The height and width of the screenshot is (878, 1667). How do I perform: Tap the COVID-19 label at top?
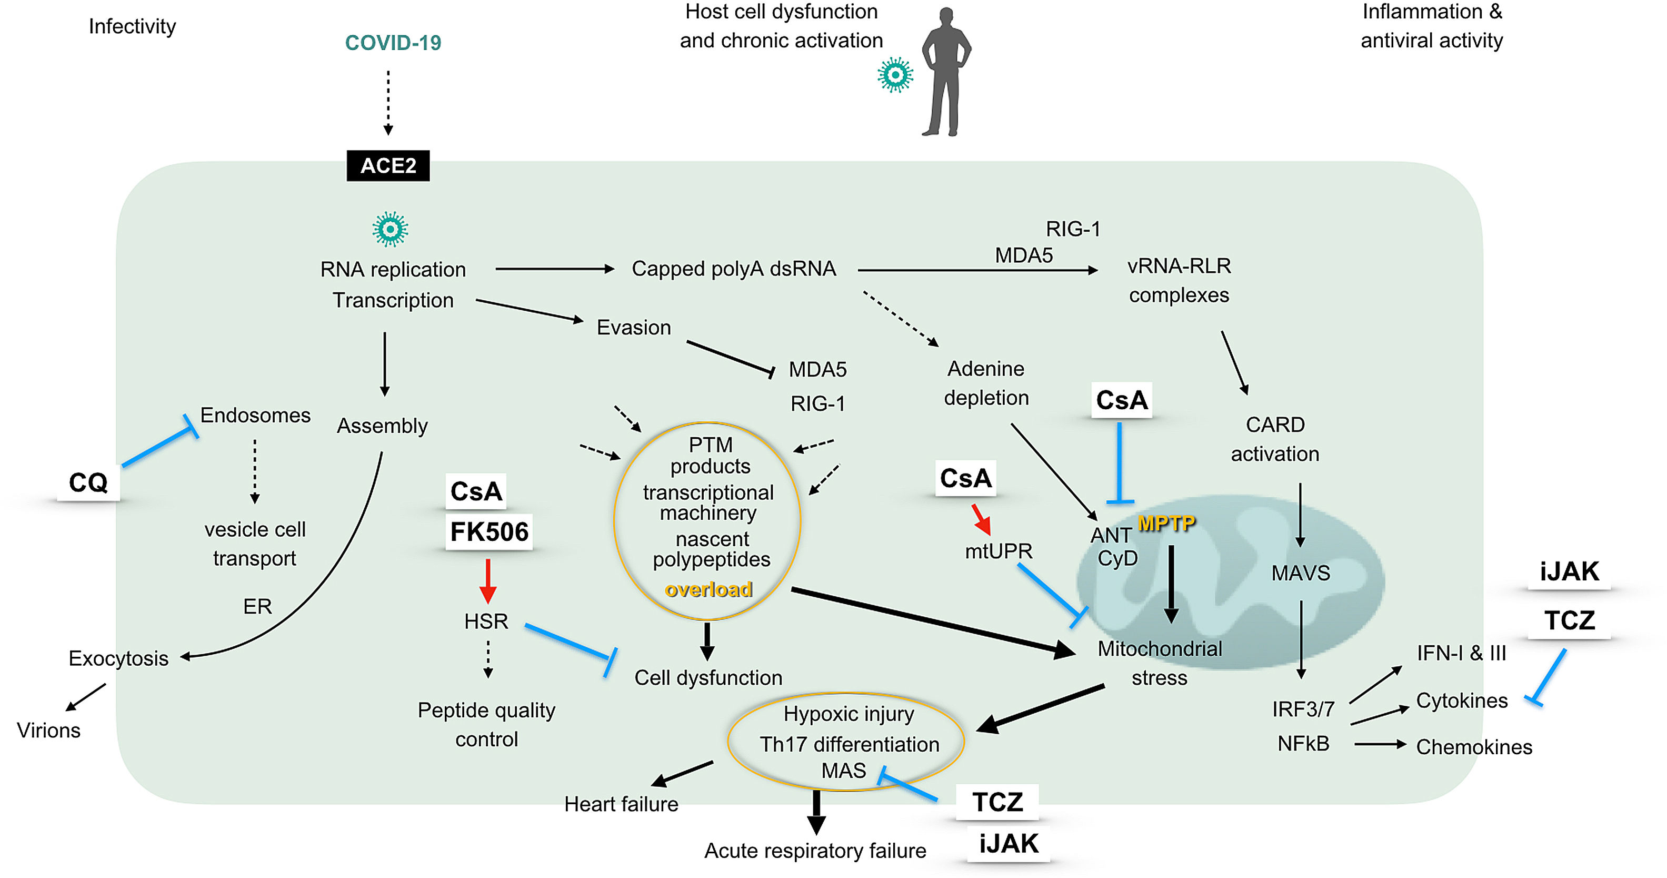[393, 43]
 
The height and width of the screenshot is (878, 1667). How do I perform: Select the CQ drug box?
[88, 482]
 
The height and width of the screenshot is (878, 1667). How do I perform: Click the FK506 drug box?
[489, 531]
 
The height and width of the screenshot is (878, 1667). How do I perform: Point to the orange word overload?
[708, 589]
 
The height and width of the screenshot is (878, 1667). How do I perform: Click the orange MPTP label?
[1166, 523]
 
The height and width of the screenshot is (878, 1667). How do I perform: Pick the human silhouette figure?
[945, 71]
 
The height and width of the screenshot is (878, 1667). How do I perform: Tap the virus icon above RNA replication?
[390, 229]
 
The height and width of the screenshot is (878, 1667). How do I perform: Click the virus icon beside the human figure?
[895, 75]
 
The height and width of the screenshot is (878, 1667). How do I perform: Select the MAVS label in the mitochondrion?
[1300, 573]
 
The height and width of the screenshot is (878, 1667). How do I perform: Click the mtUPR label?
[999, 551]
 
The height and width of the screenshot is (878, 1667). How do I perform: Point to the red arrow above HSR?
[488, 581]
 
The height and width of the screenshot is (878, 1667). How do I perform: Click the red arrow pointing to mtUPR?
[981, 519]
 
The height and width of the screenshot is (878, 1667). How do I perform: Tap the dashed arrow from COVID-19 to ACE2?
[388, 102]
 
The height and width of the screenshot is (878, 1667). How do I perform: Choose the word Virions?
[48, 731]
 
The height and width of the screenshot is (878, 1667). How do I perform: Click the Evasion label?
[634, 328]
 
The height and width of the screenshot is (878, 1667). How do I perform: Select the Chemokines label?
[1473, 746]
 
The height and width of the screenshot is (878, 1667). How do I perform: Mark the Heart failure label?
[621, 804]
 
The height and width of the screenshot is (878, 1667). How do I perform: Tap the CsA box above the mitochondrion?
[1122, 400]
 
